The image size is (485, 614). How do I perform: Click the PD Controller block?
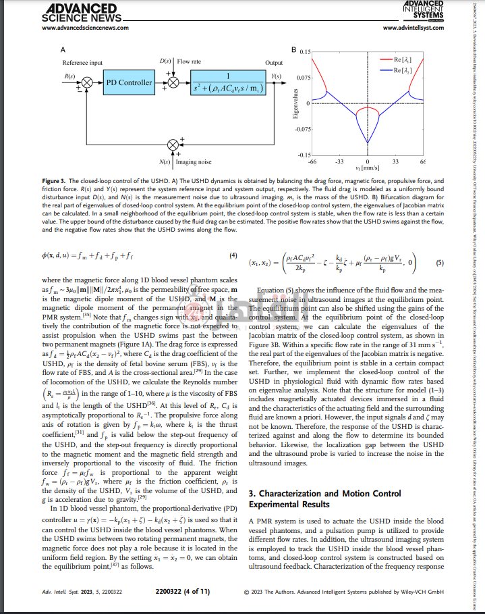point(130,82)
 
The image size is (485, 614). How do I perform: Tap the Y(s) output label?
point(276,76)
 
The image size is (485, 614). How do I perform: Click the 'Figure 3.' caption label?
point(57,182)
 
